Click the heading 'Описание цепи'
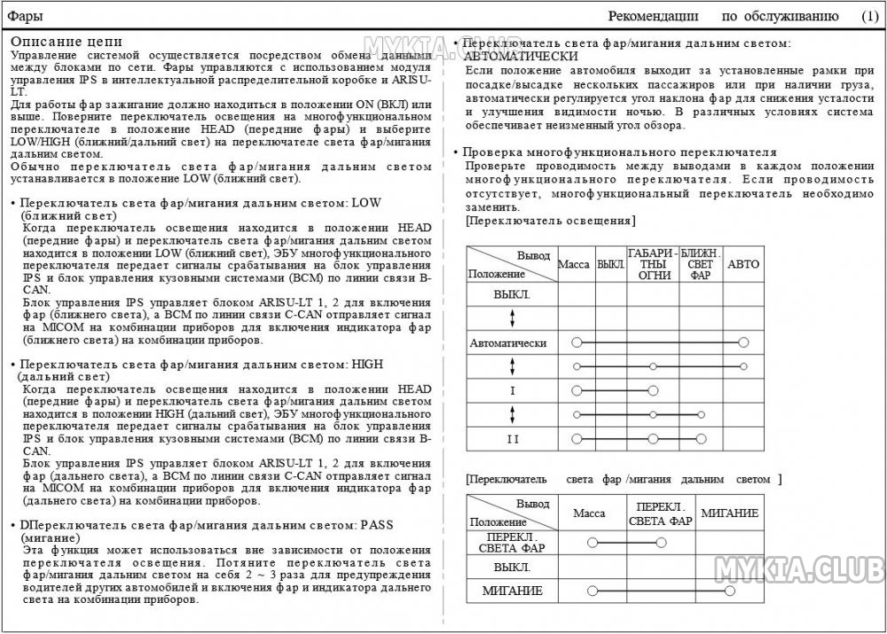point(67,42)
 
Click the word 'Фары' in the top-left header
point(26,16)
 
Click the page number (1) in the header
point(869,16)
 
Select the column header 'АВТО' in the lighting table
point(743,264)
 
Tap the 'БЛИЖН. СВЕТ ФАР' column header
point(701,264)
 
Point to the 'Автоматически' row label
point(508,342)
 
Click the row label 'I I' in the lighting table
point(512,439)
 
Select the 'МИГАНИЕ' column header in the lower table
point(730,513)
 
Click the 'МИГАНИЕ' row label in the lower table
point(512,591)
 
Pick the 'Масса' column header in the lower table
point(589,513)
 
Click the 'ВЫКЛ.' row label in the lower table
point(512,567)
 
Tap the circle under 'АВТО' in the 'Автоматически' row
point(742,342)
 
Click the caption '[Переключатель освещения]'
point(550,221)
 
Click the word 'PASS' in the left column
point(376,525)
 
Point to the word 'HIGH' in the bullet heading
point(367,364)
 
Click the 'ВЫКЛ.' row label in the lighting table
point(512,294)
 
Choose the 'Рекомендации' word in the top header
point(653,16)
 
